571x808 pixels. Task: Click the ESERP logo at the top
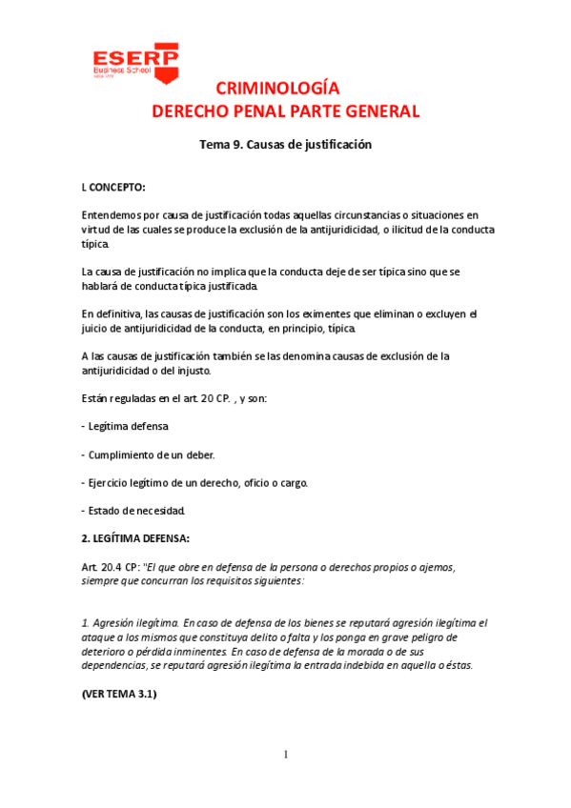133,60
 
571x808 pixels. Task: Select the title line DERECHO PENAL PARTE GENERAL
285,111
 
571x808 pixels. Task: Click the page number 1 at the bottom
285,756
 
